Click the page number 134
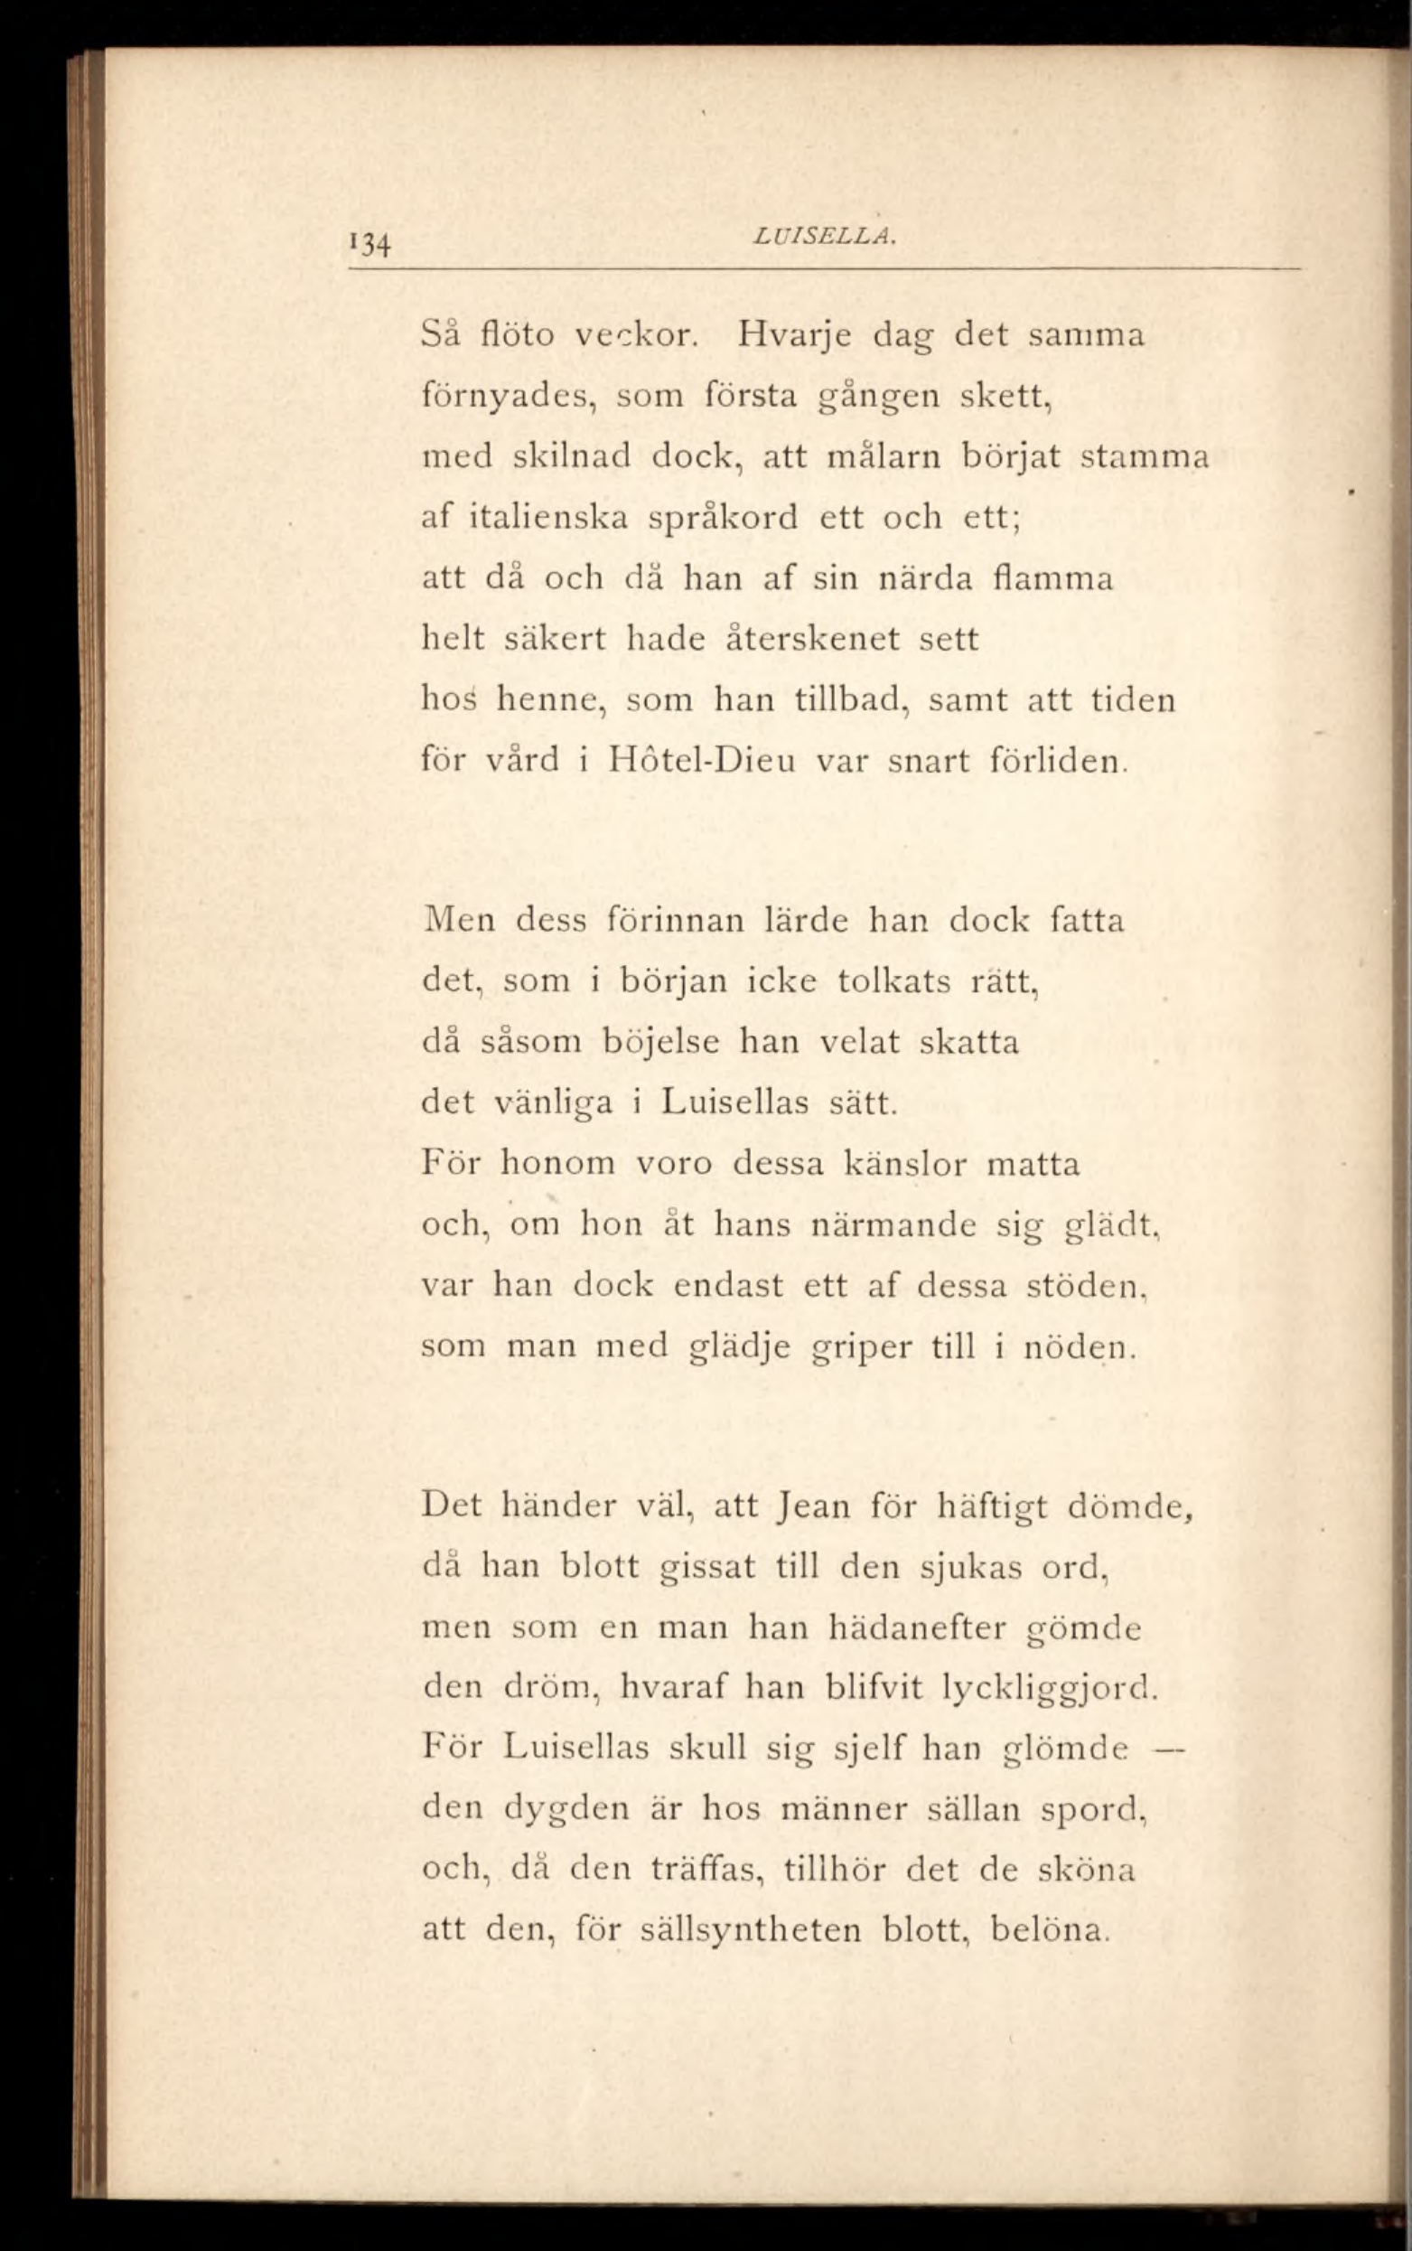click(369, 245)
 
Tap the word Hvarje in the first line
click(794, 336)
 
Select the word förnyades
click(509, 398)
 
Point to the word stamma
click(1144, 457)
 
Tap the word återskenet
click(812, 640)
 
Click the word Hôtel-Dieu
click(701, 761)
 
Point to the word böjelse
click(660, 1041)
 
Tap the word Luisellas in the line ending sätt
click(735, 1103)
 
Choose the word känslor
click(904, 1164)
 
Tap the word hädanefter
click(917, 1628)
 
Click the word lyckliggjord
click(1049, 1689)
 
